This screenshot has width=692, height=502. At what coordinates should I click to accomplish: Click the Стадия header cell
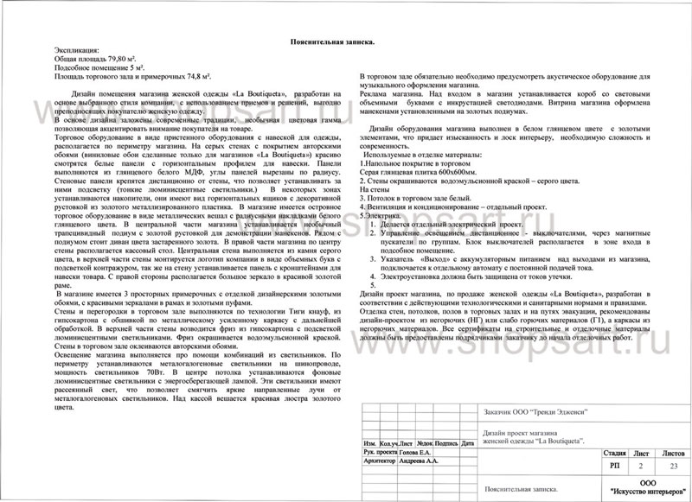(614, 452)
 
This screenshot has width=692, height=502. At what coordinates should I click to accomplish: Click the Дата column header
(469, 442)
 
